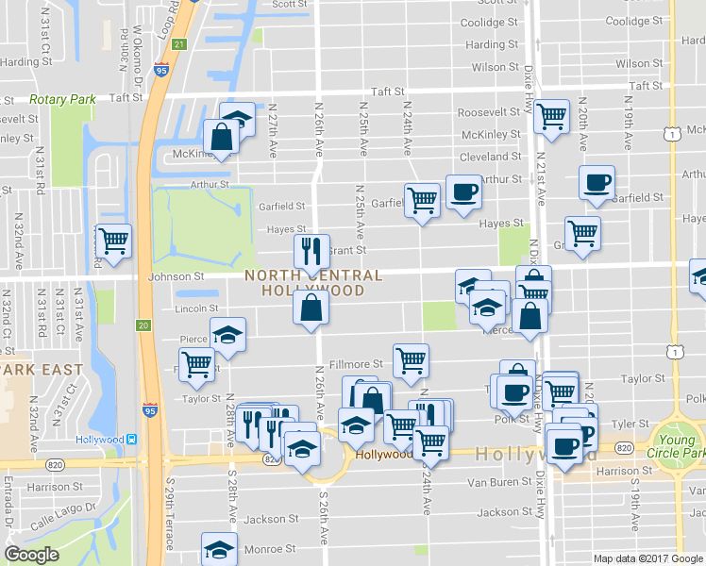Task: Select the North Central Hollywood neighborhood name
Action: (x=313, y=283)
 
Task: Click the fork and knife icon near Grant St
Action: (x=311, y=251)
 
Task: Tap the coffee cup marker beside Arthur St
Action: (x=462, y=192)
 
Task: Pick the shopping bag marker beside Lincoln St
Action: (x=311, y=307)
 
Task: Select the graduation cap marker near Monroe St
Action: (x=219, y=548)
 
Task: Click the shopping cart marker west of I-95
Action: (x=113, y=241)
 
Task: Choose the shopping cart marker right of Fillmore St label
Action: (x=411, y=360)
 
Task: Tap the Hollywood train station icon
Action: (x=133, y=440)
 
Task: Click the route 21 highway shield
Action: (x=180, y=44)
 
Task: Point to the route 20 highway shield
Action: (x=143, y=325)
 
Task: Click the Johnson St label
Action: (x=177, y=277)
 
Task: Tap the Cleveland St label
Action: (x=490, y=157)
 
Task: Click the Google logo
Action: (x=32, y=555)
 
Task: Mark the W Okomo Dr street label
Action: (x=137, y=57)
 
